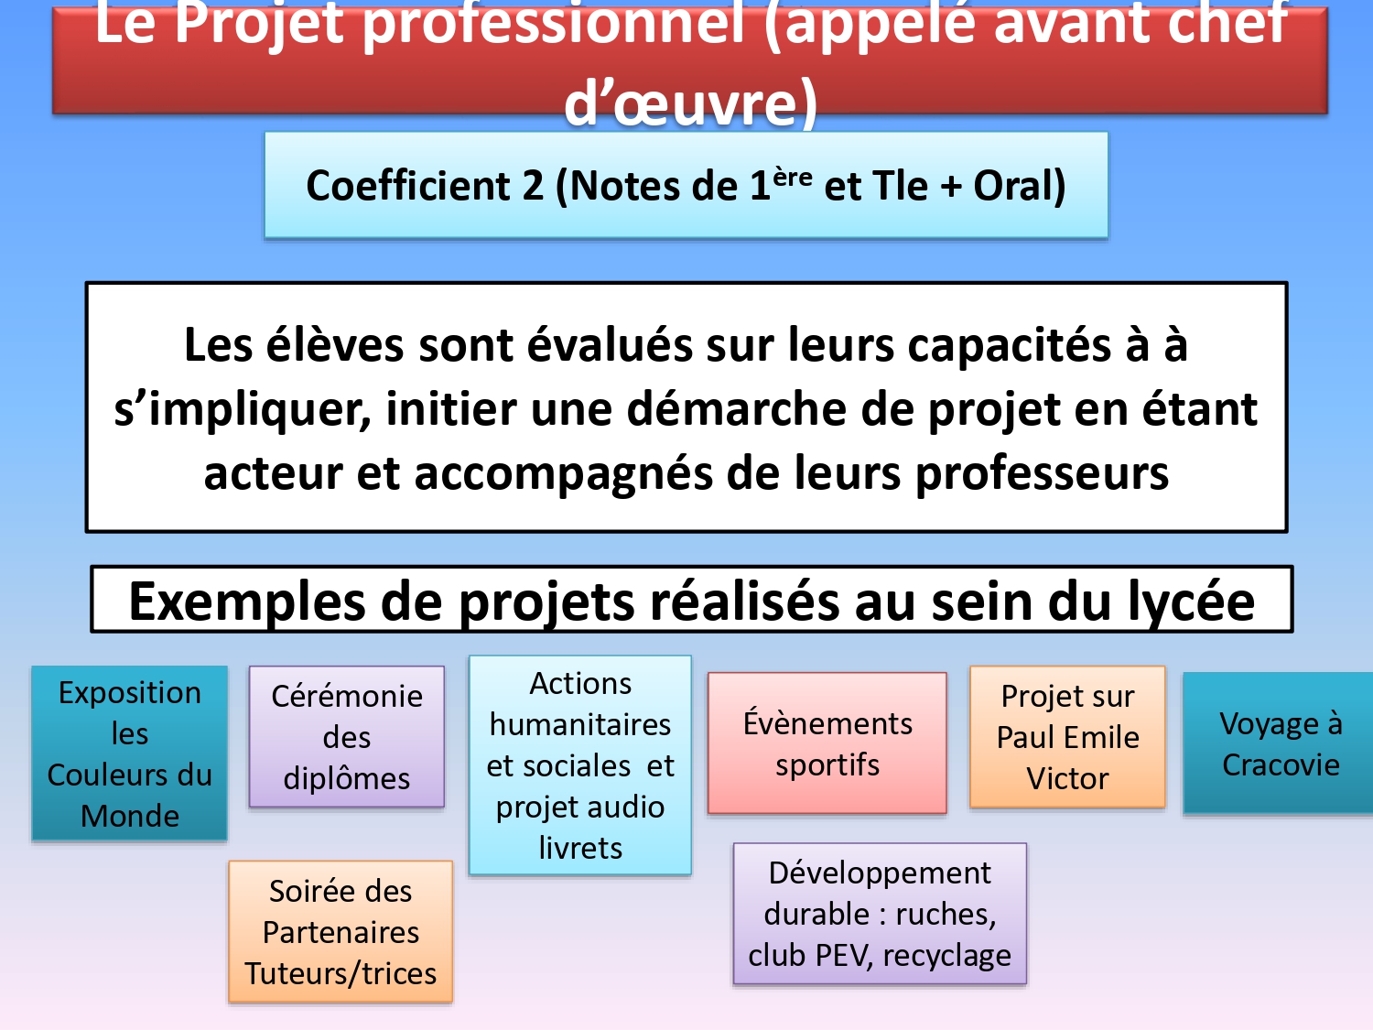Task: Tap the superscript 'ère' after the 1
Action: (x=793, y=179)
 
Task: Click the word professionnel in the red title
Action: (x=554, y=24)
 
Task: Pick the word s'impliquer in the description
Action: (x=243, y=409)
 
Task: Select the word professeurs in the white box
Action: (x=1042, y=473)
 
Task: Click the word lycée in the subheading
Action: (x=1192, y=602)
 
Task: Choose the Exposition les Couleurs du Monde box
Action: (x=129, y=753)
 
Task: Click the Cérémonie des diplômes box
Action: (x=347, y=737)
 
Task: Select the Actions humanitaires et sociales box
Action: (x=579, y=764)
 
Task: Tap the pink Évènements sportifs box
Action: (x=827, y=743)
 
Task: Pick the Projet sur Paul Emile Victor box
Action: (x=1067, y=737)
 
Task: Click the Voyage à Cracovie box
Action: (x=1278, y=743)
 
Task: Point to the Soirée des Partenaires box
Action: (x=341, y=932)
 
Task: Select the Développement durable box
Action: (x=880, y=914)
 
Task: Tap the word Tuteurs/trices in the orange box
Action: (x=341, y=974)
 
